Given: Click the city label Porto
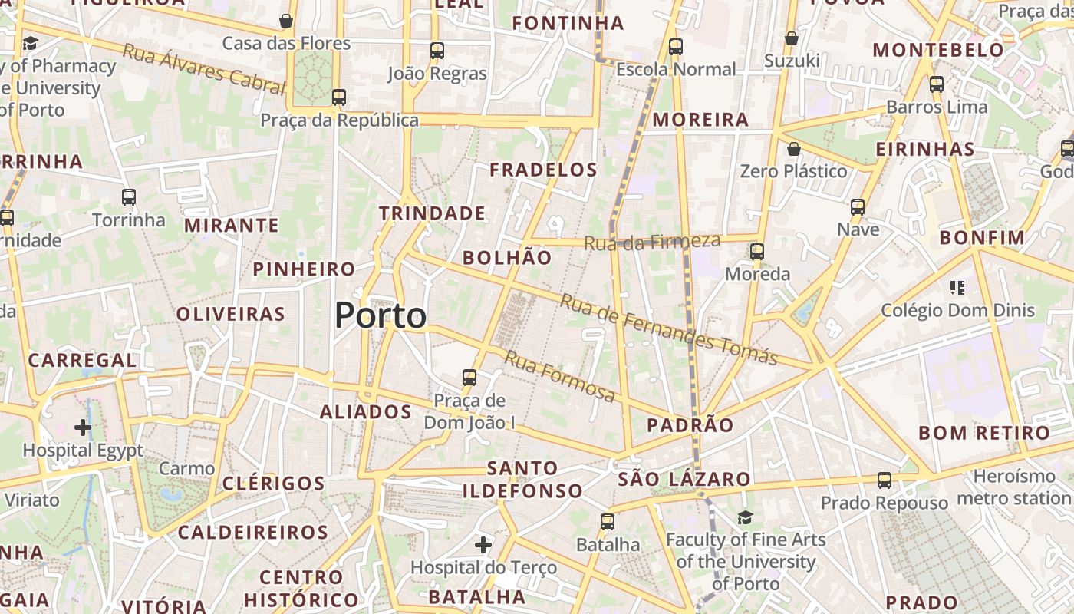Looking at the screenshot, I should (381, 315).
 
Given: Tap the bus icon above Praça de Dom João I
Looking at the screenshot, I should (469, 378).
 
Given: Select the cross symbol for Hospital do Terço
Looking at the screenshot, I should (483, 545).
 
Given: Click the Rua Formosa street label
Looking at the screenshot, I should (560, 376).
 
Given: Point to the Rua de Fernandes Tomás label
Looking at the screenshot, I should (668, 328).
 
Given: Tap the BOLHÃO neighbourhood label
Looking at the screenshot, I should (507, 258).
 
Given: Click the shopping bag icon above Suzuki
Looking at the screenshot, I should (792, 38).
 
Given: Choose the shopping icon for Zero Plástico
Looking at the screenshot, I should (794, 149).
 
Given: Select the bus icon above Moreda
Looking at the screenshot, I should (757, 251).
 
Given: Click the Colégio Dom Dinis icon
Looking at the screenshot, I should (957, 288).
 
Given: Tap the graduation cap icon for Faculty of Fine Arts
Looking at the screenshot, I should (745, 517).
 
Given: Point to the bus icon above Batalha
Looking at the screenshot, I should (608, 522).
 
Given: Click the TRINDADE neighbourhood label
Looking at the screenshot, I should (433, 213).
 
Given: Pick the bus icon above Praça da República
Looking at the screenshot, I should (339, 97).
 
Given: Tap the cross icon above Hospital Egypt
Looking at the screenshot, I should (83, 427).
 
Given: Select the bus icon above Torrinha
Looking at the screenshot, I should (129, 197).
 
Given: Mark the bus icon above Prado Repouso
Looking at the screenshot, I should (885, 480).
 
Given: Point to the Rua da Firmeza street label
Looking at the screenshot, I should (653, 243).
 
